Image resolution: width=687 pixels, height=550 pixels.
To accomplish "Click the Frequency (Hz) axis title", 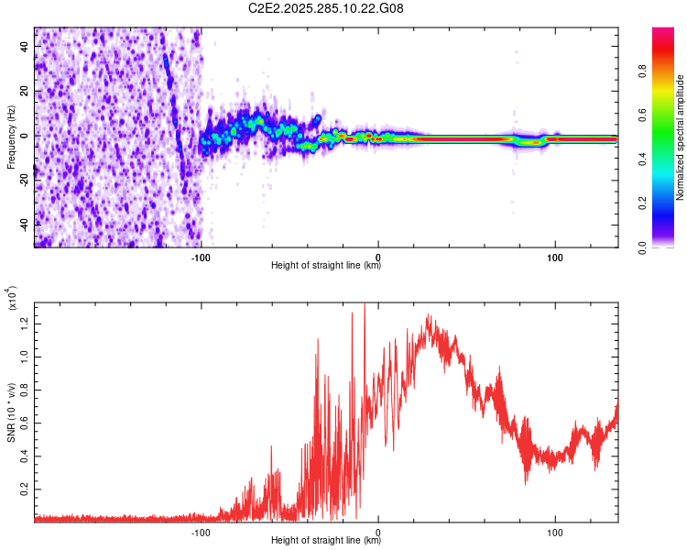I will coord(11,137).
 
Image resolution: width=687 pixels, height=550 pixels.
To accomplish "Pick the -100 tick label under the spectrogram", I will coord(202,256).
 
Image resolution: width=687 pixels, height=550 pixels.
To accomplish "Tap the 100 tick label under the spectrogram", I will coord(554,256).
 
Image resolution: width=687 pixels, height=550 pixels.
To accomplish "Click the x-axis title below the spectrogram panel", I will coord(326,266).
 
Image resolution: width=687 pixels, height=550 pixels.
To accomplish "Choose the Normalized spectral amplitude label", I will coord(681,137).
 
